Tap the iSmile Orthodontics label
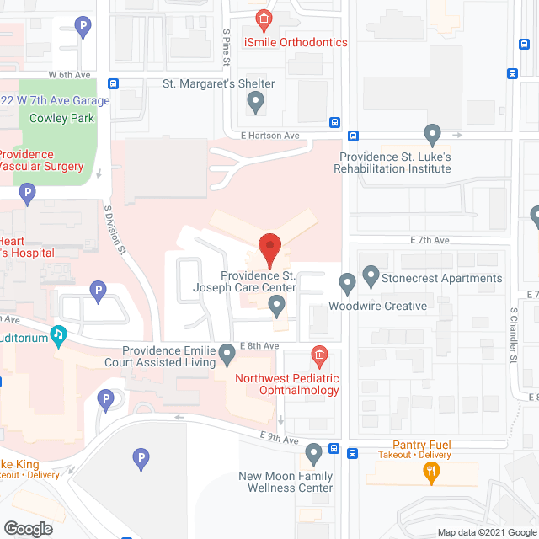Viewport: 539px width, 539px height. [296, 42]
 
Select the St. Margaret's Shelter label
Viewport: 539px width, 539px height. [218, 84]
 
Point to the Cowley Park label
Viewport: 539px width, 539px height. [61, 118]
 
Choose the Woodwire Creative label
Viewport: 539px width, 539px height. [377, 306]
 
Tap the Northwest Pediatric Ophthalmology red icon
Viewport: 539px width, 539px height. [318, 355]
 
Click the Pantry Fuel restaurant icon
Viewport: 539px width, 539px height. [432, 473]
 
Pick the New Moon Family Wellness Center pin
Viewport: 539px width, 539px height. [314, 455]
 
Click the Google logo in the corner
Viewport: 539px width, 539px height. [27, 528]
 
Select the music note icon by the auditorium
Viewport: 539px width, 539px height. [58, 334]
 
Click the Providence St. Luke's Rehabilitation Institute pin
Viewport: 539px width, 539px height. [432, 134]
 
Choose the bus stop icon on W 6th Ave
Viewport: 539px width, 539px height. [113, 83]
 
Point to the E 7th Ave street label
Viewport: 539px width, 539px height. [430, 241]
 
